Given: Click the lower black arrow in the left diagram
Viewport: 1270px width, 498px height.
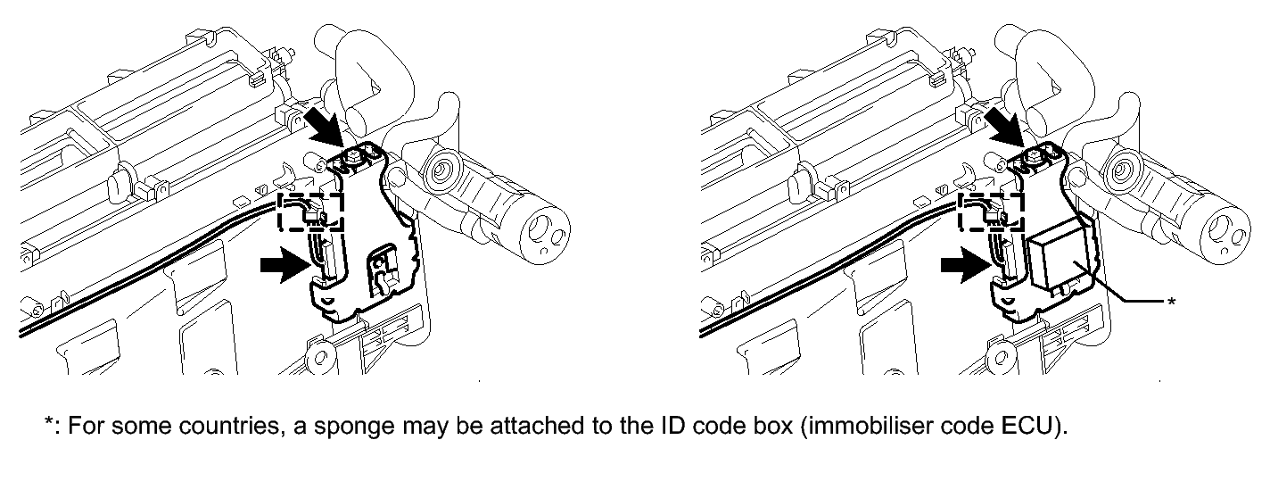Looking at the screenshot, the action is pos(285,265).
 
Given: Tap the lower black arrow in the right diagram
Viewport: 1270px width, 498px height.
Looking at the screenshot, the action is pos(965,265).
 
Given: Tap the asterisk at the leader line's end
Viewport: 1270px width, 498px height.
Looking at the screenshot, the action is pos(1171,303).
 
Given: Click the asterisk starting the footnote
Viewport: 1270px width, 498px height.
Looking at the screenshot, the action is pos(49,422).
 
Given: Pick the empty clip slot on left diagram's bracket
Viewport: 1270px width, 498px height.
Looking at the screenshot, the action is pos(383,270).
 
